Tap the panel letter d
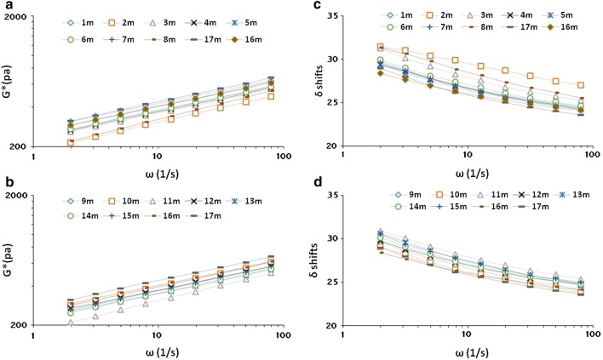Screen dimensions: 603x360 click(x=318, y=182)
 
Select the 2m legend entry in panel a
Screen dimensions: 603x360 click(x=119, y=23)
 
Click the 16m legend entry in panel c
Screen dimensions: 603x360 click(x=560, y=27)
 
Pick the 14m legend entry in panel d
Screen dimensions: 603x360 click(x=410, y=207)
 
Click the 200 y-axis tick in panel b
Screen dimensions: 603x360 click(x=19, y=325)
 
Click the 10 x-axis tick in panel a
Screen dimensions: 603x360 click(x=156, y=157)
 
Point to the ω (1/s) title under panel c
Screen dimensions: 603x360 click(x=472, y=174)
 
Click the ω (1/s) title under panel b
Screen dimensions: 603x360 click(x=162, y=352)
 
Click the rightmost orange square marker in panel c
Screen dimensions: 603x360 click(x=581, y=85)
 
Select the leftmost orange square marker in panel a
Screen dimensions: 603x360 click(x=71, y=143)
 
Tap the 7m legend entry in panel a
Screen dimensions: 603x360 click(x=119, y=39)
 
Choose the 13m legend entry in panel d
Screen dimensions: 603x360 click(x=574, y=195)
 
